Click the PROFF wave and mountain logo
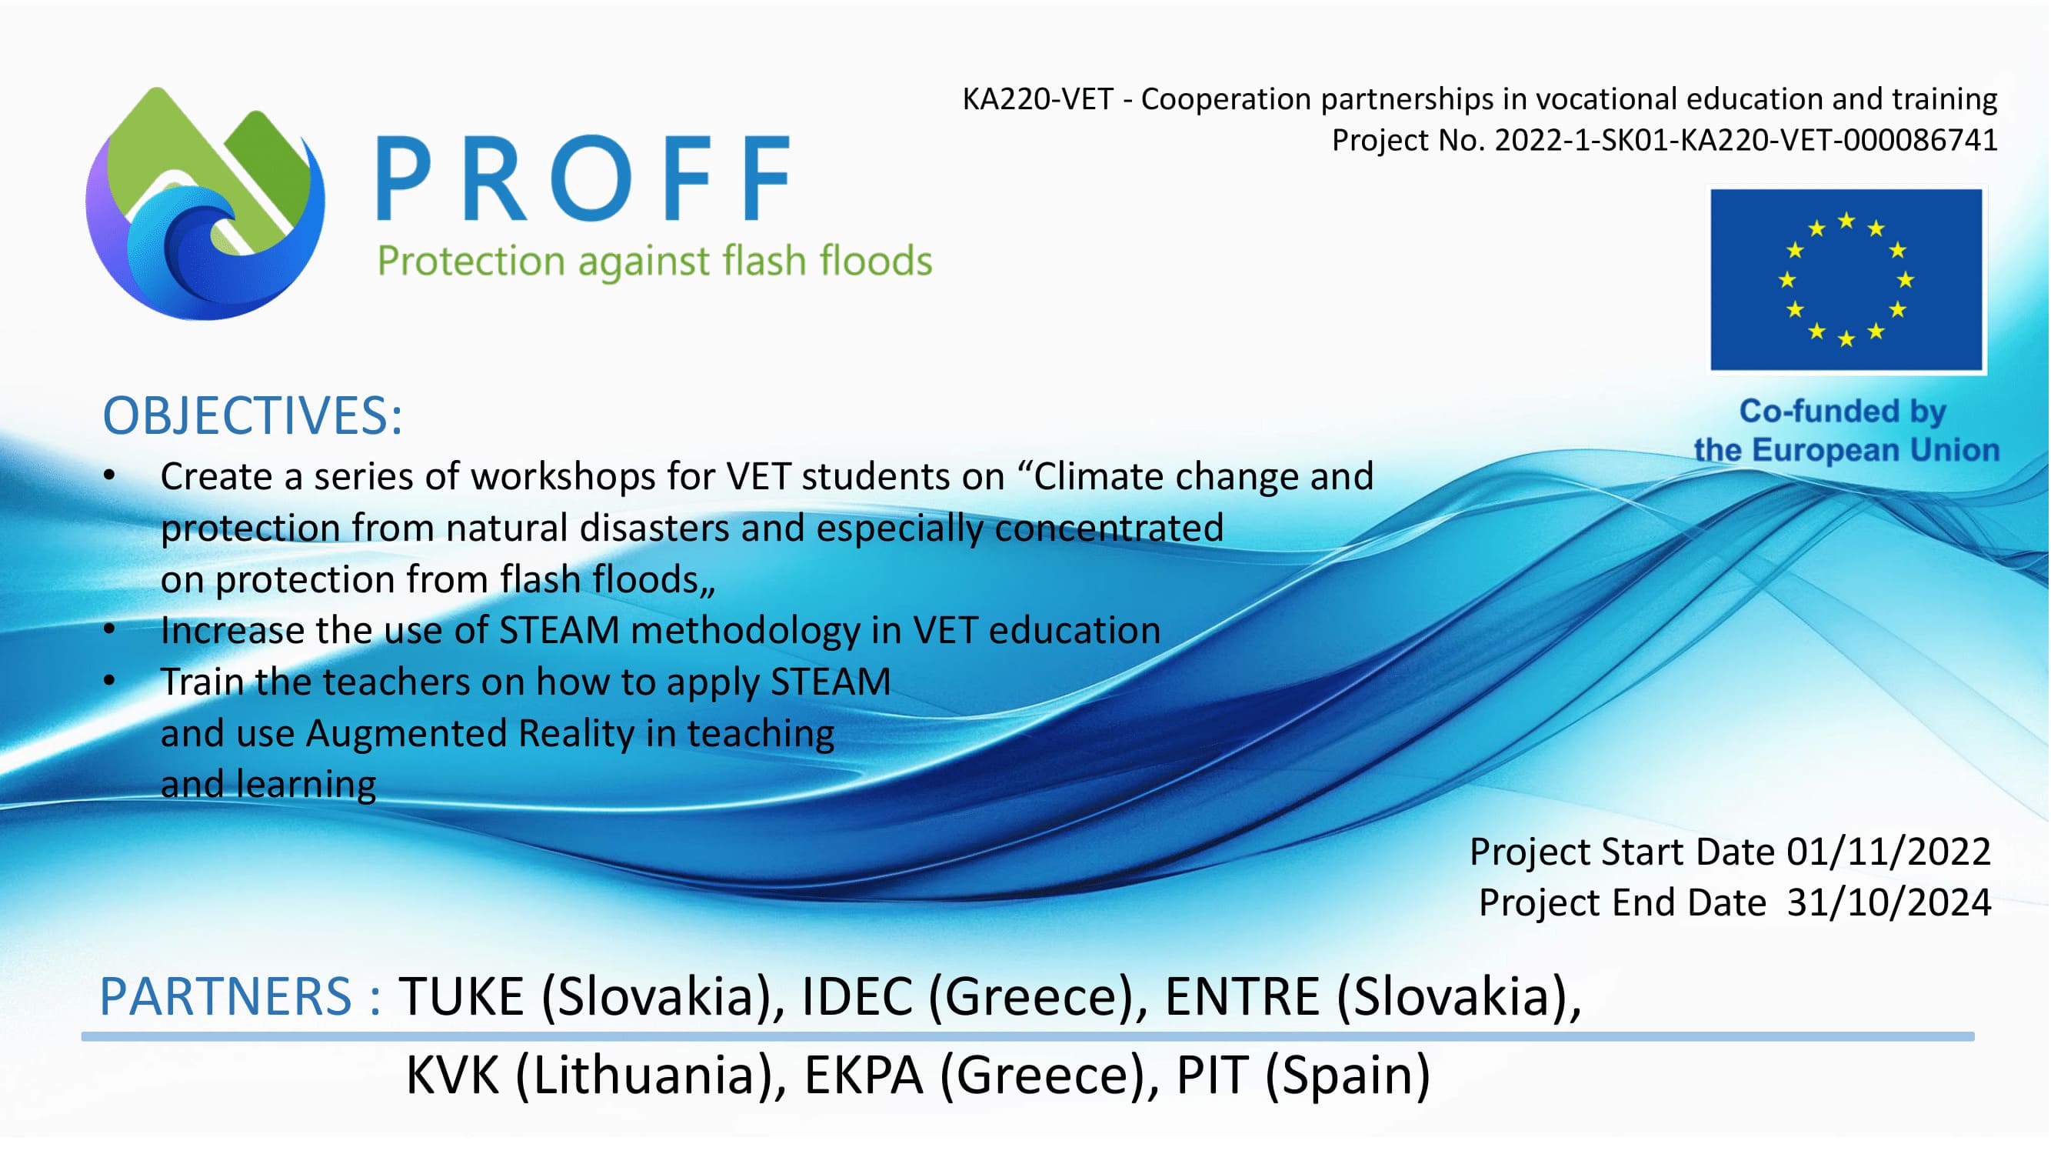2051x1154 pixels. pos(205,204)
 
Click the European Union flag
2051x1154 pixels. pos(1847,279)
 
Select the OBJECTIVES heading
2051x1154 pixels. pos(252,415)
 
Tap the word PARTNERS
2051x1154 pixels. pos(225,996)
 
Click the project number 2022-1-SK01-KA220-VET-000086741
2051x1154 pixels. pos(1746,140)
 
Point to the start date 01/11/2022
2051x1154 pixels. pos(1889,852)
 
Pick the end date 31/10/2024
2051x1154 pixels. pos(1889,903)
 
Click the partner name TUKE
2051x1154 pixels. pos(461,996)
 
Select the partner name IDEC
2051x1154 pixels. pos(857,996)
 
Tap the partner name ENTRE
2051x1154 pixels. pos(1243,996)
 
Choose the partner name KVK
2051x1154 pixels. pos(453,1076)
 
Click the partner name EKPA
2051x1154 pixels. pos(864,1076)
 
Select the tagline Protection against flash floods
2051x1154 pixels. pos(654,262)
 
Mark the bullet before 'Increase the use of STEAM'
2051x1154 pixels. pos(110,631)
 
